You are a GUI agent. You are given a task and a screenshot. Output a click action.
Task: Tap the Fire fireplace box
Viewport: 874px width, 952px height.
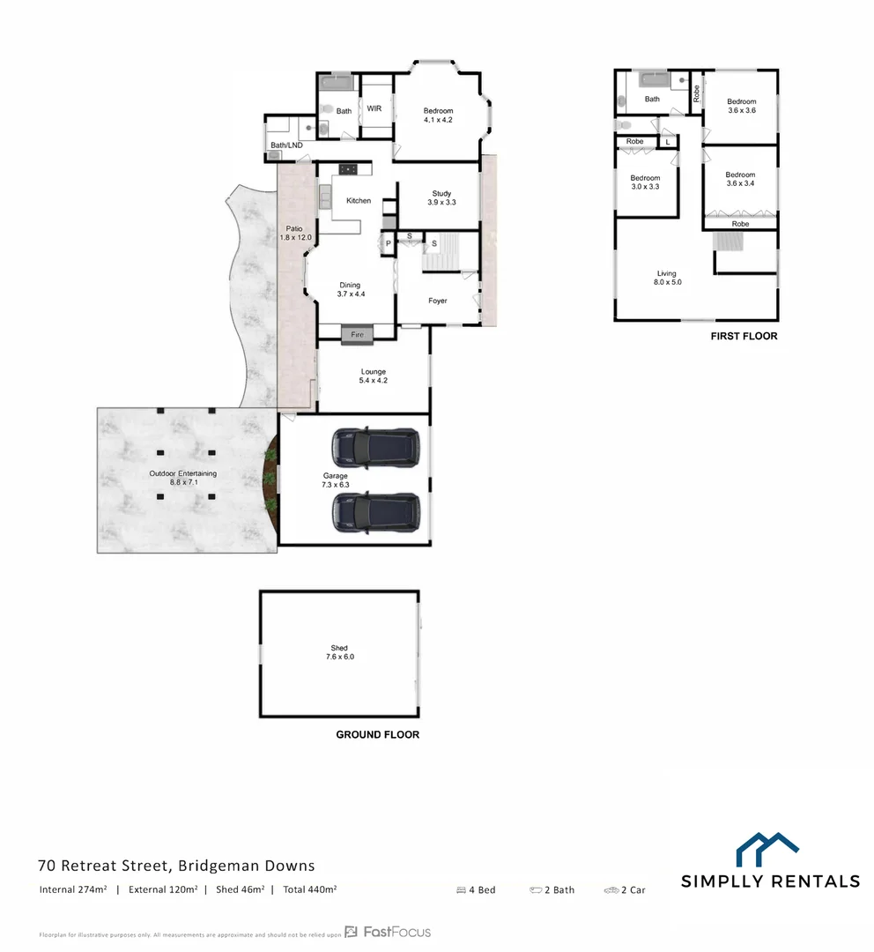[x=357, y=335]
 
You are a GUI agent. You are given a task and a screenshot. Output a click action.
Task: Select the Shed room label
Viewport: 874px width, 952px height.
[x=339, y=652]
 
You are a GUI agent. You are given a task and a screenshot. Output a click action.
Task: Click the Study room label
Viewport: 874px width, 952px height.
[x=441, y=197]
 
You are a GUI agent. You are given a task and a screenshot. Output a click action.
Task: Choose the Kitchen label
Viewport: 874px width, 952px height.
[x=359, y=201]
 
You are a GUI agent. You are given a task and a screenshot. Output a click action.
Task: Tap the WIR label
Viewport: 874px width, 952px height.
[x=374, y=109]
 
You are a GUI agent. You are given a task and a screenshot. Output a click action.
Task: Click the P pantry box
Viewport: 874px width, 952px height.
[x=387, y=243]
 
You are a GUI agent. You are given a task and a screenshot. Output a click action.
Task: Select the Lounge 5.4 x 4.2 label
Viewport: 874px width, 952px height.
[x=374, y=376]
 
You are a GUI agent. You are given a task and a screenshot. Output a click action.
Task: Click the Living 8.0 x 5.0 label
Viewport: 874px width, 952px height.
[x=667, y=278]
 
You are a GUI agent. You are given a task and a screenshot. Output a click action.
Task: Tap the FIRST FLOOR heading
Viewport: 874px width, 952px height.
[x=744, y=337]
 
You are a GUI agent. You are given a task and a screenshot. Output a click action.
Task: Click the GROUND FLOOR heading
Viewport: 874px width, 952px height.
[x=377, y=734]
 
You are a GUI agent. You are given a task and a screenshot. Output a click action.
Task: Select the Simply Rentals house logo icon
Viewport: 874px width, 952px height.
[x=767, y=849]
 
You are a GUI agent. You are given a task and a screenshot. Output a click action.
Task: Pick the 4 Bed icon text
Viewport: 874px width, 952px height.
[x=476, y=890]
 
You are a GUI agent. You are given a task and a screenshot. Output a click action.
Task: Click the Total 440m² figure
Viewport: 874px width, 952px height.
[x=310, y=889]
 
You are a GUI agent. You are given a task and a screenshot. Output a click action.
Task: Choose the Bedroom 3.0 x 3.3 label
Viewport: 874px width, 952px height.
[x=645, y=182]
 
